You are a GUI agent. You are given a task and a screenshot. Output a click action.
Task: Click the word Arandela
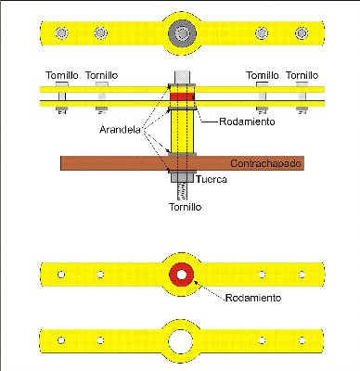pos(120,130)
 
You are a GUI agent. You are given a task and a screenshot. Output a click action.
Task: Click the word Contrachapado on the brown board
pos(265,163)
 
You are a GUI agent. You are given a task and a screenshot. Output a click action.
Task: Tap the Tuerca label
pos(212,179)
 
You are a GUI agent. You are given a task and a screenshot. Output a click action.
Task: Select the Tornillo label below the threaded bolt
pos(185,207)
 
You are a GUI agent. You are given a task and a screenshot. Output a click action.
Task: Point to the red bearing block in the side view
pos(183,96)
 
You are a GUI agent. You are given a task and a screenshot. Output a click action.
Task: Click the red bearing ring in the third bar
pos(182,275)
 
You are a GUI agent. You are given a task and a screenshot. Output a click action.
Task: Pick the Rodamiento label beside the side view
pos(247,122)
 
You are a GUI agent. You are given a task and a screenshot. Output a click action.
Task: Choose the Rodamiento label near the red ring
pos(253,298)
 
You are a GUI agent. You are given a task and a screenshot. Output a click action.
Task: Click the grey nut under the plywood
pos(182,177)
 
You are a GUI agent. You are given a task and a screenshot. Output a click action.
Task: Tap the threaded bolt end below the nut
pos(183,191)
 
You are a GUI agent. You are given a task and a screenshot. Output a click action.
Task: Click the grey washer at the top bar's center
pos(182,33)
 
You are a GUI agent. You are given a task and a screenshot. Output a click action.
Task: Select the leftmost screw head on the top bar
pos(62,32)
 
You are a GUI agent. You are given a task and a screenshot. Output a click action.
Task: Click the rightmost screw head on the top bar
pos(302,33)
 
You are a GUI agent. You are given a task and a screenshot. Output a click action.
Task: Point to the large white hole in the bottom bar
pos(181,342)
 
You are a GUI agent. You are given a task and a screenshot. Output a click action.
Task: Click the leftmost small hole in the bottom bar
pos(61,340)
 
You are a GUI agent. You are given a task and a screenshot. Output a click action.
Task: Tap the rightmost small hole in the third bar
pos(302,275)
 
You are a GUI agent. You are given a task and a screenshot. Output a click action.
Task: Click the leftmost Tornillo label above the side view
pos(62,75)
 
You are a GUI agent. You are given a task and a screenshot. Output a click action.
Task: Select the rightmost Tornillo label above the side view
pos(302,75)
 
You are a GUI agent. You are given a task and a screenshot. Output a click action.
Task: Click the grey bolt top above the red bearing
pos(182,77)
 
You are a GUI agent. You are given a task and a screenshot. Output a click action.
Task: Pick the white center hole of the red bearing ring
pos(182,275)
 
